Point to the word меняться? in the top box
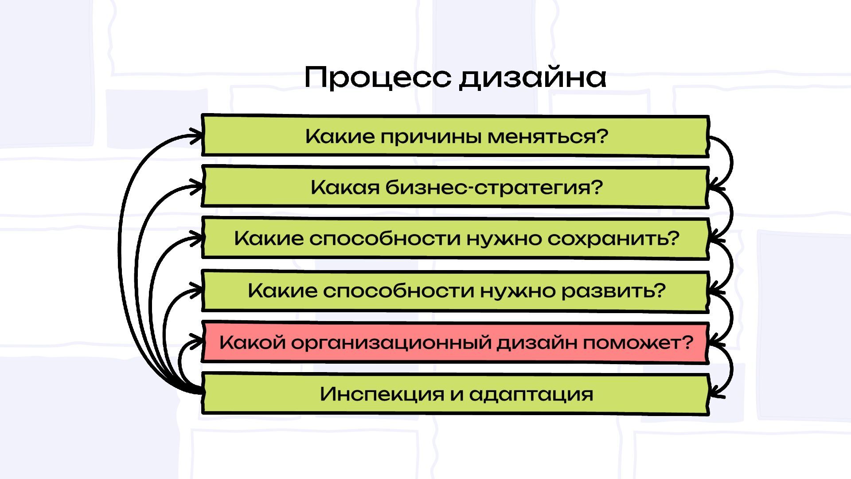point(548,136)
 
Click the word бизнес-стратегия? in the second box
point(493,188)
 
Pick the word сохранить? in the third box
point(613,239)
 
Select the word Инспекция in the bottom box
point(382,394)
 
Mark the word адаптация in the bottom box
point(531,394)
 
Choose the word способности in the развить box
point(398,291)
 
